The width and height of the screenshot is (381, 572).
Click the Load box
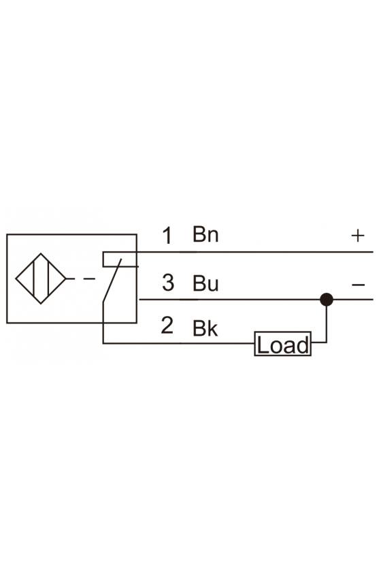point(282,344)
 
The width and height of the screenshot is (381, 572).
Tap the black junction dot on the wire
point(327,300)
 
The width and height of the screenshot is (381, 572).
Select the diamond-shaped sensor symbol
point(40,279)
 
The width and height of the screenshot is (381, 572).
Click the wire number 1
point(167,236)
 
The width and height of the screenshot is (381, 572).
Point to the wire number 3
point(168,283)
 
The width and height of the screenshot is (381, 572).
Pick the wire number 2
point(167,325)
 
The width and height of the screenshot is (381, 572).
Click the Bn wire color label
point(205,234)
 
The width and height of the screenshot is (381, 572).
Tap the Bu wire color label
point(205,283)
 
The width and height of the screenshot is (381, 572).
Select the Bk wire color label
point(205,328)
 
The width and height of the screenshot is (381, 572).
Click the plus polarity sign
point(358,236)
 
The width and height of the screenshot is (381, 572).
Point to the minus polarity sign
point(358,285)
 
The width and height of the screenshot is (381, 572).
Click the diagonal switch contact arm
point(112,280)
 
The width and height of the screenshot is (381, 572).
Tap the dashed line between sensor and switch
point(81,279)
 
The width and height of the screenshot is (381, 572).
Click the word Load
point(282,345)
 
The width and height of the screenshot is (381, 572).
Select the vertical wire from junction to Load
point(327,321)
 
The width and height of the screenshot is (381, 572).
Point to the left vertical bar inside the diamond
point(33,279)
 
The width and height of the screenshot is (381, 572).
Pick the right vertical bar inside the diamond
point(48,279)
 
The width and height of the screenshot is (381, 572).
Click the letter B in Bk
point(199,328)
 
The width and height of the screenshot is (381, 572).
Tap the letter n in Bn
point(213,236)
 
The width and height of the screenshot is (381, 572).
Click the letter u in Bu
point(213,285)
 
